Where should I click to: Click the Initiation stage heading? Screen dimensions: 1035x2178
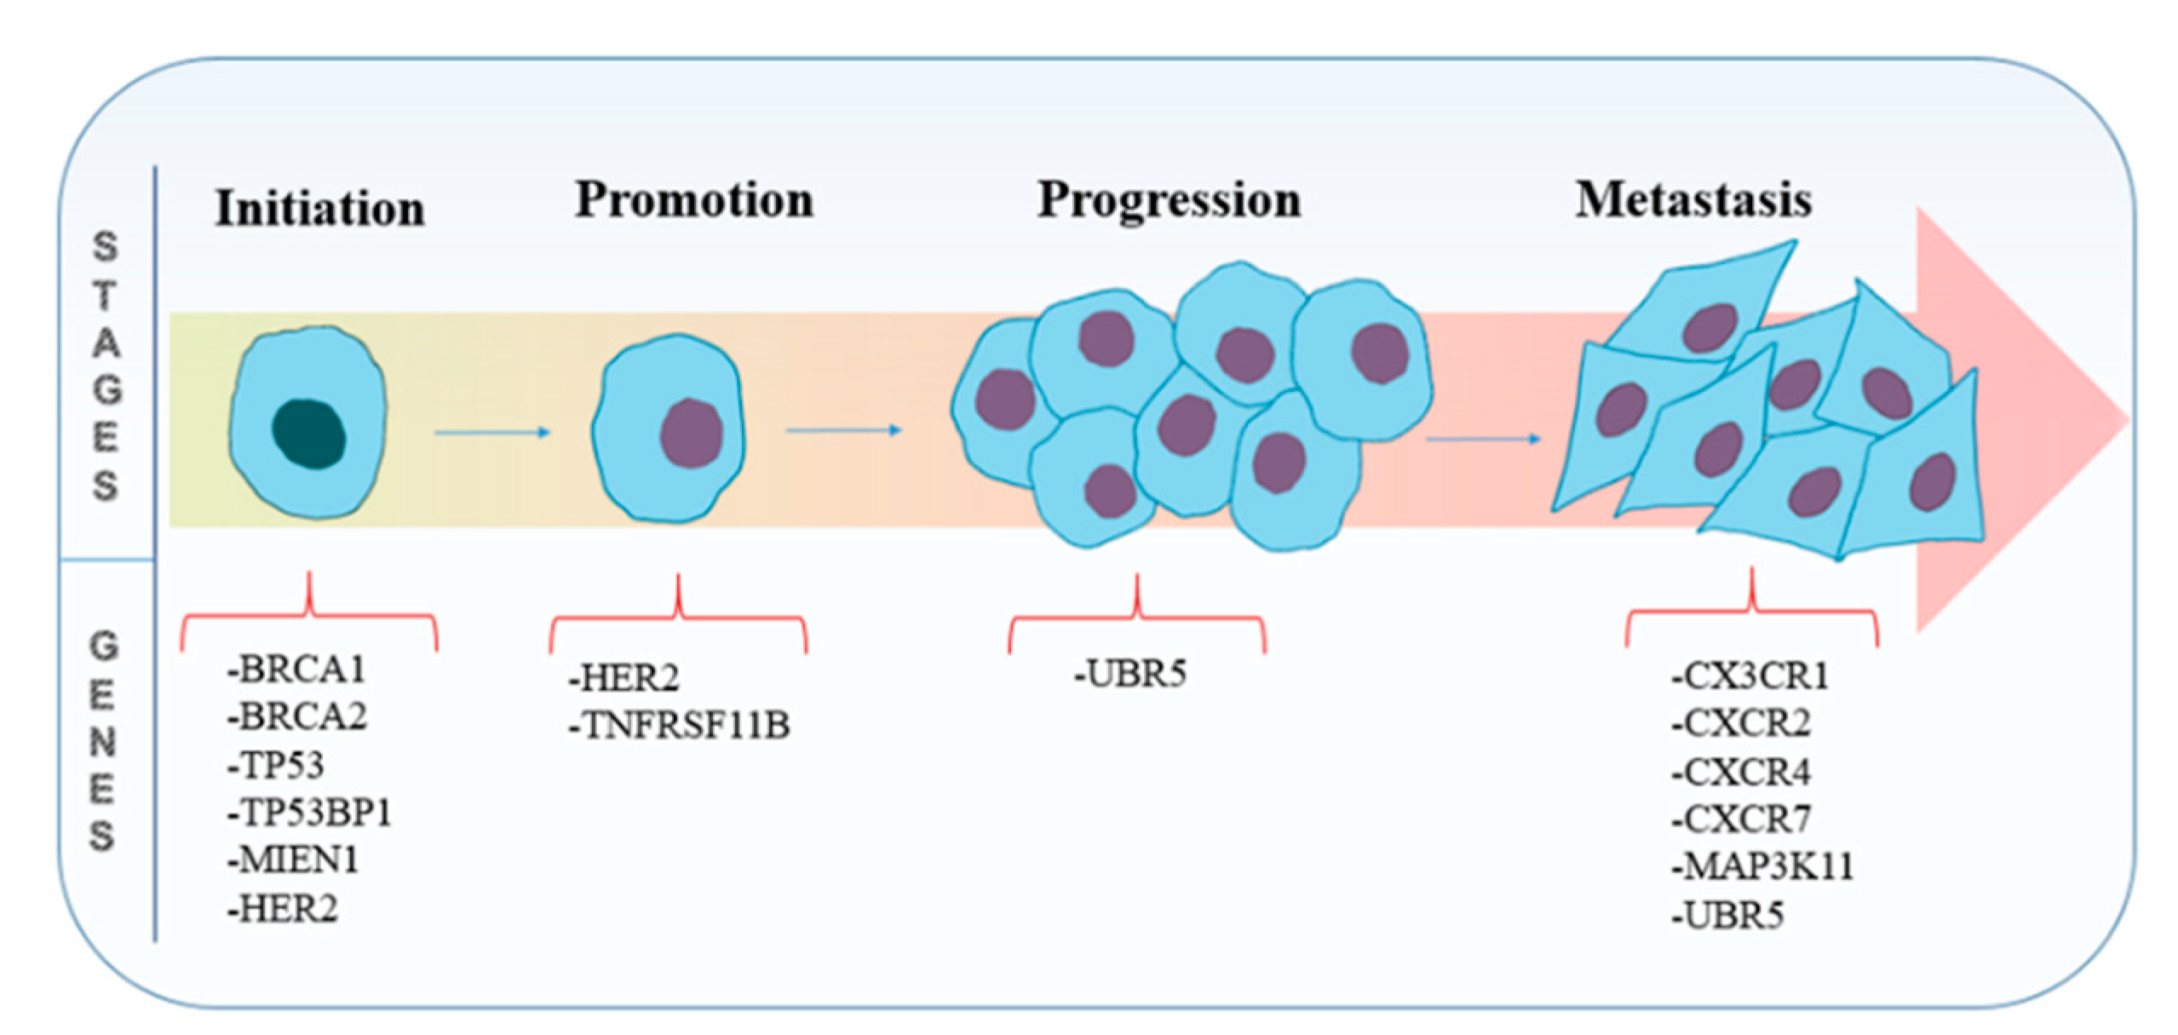pyautogui.click(x=319, y=208)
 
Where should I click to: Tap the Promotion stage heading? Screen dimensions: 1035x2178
pyautogui.click(x=693, y=200)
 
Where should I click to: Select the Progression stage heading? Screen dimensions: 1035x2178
pyautogui.click(x=1169, y=200)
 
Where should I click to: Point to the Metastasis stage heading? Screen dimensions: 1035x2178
pyautogui.click(x=1692, y=200)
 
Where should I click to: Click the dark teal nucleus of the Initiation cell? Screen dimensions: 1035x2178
pyautogui.click(x=308, y=434)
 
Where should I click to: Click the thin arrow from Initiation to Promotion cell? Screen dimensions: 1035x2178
pyautogui.click(x=492, y=433)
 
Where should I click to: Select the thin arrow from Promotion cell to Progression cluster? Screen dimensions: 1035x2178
pyautogui.click(x=843, y=430)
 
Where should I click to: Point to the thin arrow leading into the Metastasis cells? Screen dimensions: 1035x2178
pyautogui.click(x=1483, y=439)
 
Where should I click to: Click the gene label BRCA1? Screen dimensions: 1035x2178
pyautogui.click(x=296, y=670)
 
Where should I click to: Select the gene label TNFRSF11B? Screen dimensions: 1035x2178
pyautogui.click(x=680, y=726)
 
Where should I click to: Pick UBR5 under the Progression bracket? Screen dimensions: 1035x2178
pyautogui.click(x=1130, y=674)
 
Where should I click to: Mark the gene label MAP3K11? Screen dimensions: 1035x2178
pyautogui.click(x=1761, y=867)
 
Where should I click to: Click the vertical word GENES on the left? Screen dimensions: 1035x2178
pyautogui.click(x=103, y=741)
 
